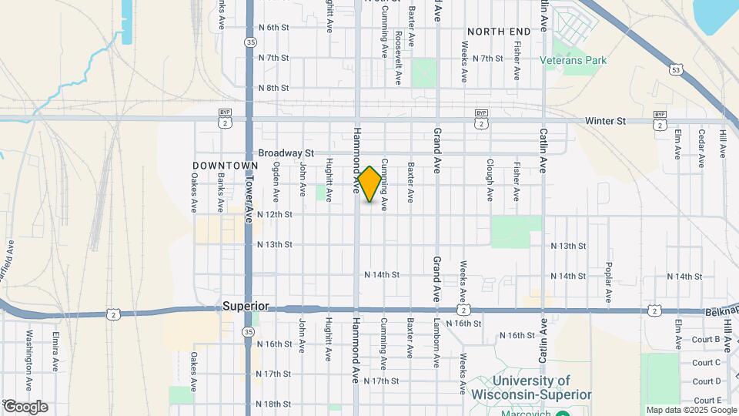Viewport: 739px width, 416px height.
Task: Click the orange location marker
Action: (x=370, y=184)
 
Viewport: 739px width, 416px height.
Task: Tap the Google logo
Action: (x=25, y=407)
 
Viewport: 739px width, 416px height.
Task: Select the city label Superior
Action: (x=246, y=306)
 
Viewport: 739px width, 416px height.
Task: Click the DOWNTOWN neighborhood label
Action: (x=225, y=166)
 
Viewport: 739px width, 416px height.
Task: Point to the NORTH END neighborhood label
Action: (x=499, y=31)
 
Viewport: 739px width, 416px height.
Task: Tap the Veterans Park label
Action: (x=573, y=60)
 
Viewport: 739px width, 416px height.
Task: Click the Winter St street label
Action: (x=605, y=122)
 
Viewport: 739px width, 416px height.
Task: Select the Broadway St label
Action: (x=286, y=153)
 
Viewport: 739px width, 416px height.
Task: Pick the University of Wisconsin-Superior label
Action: (x=532, y=387)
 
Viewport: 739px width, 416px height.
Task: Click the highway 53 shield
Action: (x=676, y=69)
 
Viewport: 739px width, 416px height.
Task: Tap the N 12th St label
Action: (x=275, y=214)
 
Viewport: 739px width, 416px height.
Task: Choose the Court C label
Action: (x=706, y=362)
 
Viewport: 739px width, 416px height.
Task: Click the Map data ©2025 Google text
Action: (x=691, y=410)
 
